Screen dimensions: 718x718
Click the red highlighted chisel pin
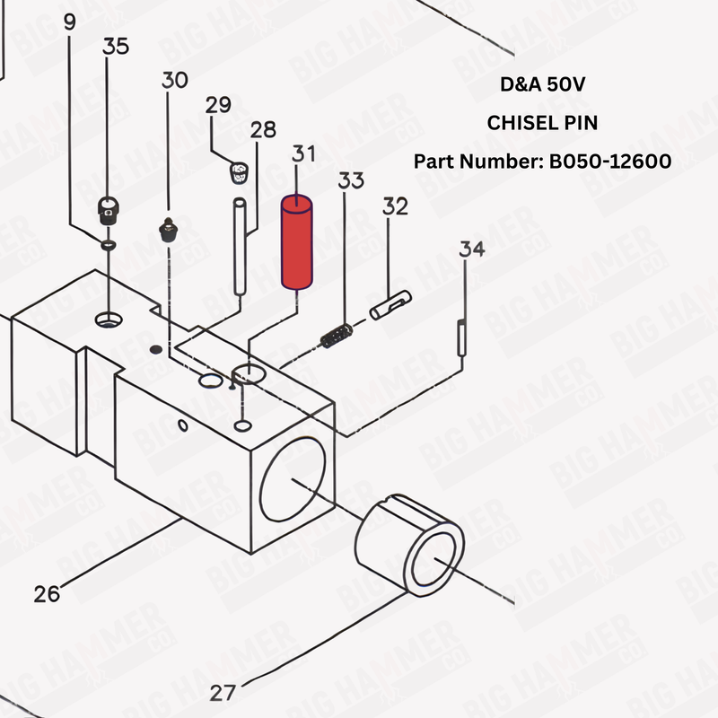295,244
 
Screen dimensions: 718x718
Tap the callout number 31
302,153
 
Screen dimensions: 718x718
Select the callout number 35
117,47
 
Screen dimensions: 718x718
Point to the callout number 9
71,22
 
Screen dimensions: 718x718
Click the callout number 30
175,80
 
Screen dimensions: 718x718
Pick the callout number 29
218,105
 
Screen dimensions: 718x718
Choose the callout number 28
263,130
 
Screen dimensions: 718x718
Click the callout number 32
395,207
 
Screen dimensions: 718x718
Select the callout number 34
472,249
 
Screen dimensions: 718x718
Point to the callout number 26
48,593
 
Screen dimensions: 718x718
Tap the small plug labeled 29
237,171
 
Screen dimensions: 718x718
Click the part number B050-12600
610,162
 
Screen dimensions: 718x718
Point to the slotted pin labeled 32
390,304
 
